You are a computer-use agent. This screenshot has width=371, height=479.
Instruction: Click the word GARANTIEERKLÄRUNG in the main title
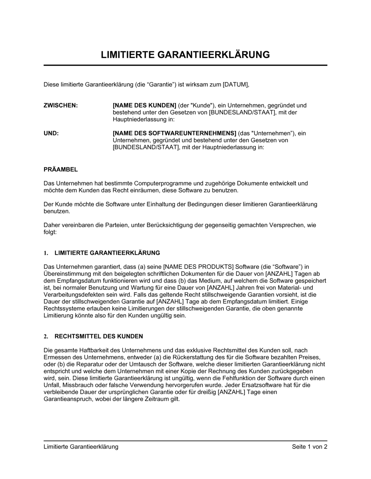pos(214,55)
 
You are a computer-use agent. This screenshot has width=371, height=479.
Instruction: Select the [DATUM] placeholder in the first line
pos(236,84)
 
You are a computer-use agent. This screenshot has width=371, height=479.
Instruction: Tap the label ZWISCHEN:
pos(61,105)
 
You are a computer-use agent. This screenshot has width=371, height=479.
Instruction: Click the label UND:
pos(51,133)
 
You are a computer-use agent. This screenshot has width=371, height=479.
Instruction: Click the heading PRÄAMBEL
pos(61,170)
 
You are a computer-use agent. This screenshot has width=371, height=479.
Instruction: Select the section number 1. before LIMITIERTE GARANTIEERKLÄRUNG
pos(46,253)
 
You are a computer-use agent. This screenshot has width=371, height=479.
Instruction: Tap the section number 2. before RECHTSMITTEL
pos(46,336)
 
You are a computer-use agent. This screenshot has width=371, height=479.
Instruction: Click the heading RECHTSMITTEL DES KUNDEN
pos(99,336)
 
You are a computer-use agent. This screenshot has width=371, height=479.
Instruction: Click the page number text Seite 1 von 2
pos(309,447)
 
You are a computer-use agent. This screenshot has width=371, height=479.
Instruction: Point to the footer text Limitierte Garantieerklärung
pos(81,447)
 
